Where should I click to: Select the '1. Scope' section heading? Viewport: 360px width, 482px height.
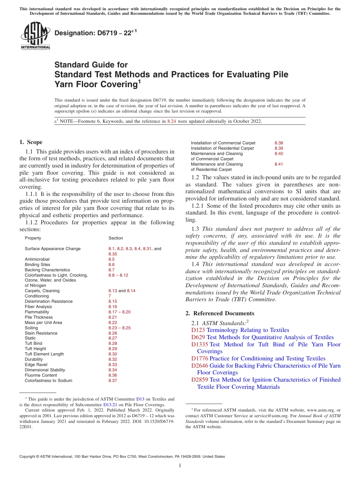(31, 142)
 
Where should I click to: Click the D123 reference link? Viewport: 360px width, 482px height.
(198, 330)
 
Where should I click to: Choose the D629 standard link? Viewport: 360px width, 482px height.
(198, 337)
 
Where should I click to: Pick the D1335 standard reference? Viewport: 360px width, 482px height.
(200, 344)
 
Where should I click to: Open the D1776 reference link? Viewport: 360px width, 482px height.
(200, 358)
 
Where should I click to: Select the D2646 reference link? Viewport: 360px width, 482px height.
(200, 366)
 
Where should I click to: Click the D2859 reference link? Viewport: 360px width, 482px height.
(200, 380)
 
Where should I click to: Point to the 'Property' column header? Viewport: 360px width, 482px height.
(33, 238)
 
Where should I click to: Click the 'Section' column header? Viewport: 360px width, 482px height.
(116, 238)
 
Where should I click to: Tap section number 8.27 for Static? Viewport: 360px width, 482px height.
(113, 338)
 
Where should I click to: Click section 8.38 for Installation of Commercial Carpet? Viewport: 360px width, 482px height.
(279, 143)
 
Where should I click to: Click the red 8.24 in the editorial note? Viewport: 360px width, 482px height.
(172, 121)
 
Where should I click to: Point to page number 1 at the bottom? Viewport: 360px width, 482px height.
(180, 466)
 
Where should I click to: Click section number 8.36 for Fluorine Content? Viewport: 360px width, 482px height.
(113, 375)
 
